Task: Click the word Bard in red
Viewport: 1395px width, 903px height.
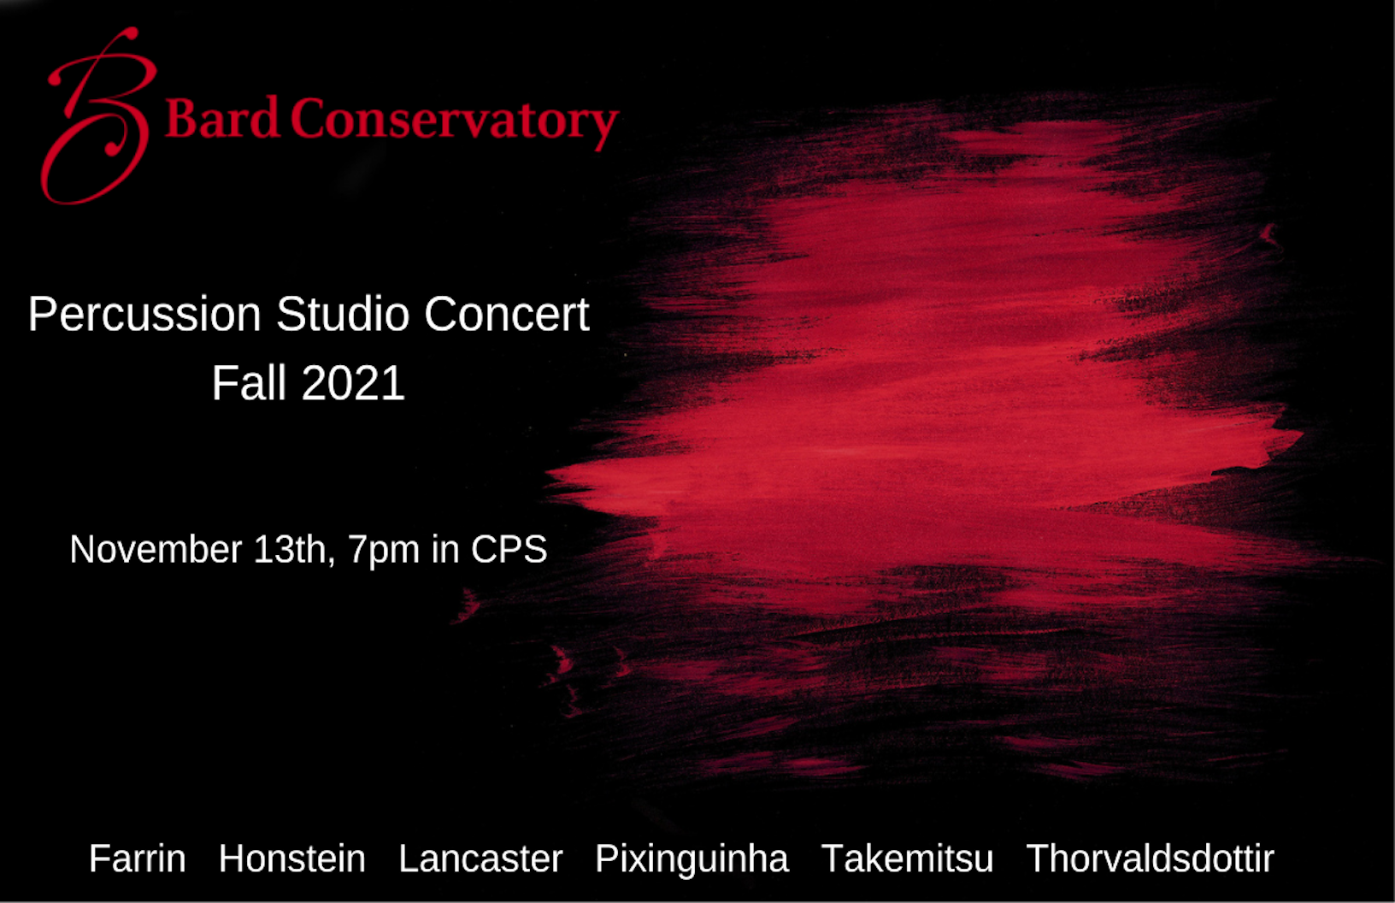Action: click(221, 118)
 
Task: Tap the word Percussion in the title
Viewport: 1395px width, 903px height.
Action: click(144, 314)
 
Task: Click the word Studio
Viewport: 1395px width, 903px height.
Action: click(343, 314)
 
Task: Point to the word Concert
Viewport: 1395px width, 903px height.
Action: click(507, 314)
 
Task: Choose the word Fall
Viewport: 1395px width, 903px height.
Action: click(249, 382)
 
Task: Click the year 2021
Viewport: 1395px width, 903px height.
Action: click(353, 382)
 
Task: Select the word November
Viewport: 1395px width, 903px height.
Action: click(156, 549)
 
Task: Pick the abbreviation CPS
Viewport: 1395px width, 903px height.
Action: click(509, 549)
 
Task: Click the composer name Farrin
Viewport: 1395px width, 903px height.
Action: click(138, 859)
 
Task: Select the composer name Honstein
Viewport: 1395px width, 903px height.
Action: click(292, 859)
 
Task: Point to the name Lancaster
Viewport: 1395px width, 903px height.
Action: click(480, 859)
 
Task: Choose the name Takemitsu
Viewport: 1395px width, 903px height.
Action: click(908, 859)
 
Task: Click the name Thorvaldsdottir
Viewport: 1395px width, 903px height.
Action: click(1151, 859)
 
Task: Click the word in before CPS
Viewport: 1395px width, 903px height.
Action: click(445, 549)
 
